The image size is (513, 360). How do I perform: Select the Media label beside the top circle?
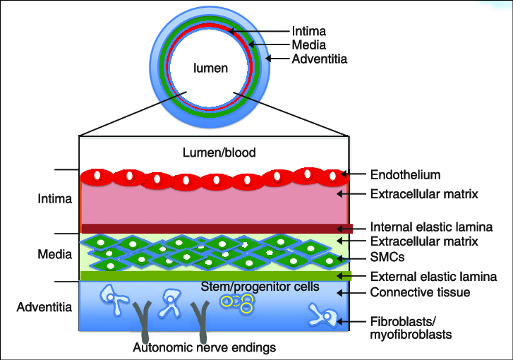pyautogui.click(x=308, y=45)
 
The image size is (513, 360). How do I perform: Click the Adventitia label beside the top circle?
pyautogui.click(x=320, y=59)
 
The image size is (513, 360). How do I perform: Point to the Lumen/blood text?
pyautogui.click(x=219, y=152)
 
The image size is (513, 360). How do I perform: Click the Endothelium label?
pyautogui.click(x=405, y=174)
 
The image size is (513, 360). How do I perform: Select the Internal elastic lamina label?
pyautogui.click(x=431, y=227)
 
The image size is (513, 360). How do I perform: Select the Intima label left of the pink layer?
pyautogui.click(x=54, y=199)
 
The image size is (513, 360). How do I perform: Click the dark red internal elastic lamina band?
pyautogui.click(x=212, y=228)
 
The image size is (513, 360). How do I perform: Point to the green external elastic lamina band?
pyautogui.click(x=212, y=275)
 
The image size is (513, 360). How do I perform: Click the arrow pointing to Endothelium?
pyautogui.click(x=354, y=174)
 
